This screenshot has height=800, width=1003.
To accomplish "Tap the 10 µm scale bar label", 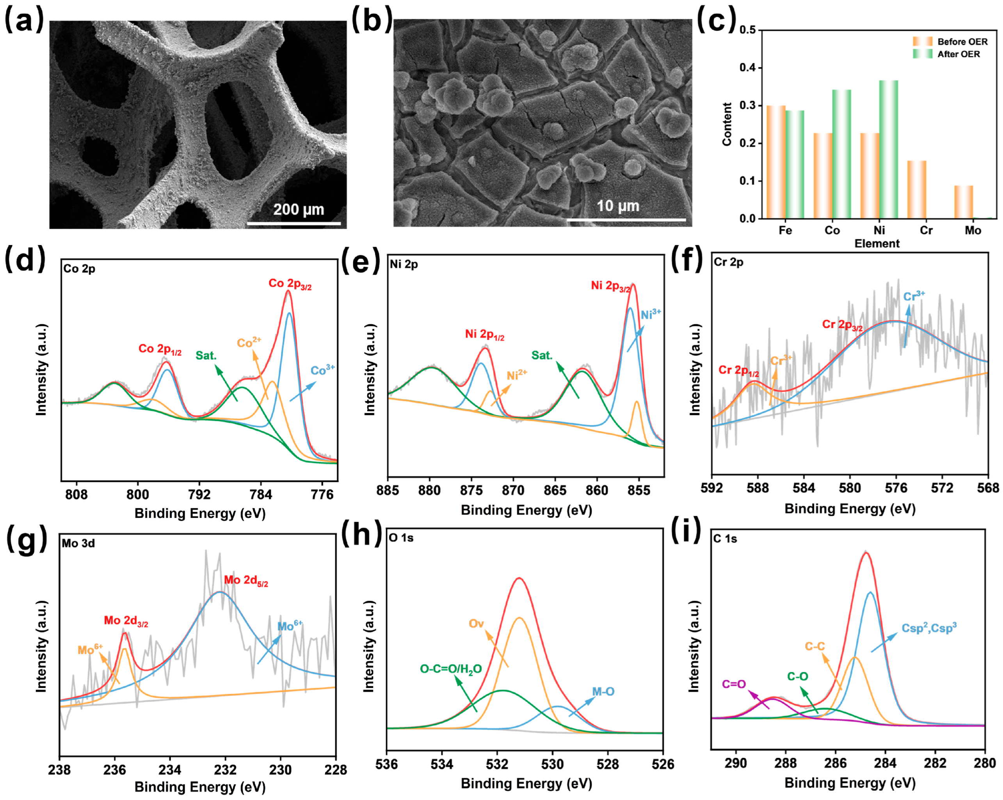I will click(618, 206).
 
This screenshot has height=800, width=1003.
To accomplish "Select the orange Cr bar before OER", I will click(916, 189).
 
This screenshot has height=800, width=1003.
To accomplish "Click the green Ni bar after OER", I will click(888, 149).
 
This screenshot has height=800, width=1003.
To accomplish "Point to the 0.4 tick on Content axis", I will click(748, 68).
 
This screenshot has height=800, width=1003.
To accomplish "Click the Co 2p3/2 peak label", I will click(290, 284).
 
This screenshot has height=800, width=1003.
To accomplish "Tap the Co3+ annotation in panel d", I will click(322, 370).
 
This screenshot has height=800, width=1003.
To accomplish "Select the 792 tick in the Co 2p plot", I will click(199, 494).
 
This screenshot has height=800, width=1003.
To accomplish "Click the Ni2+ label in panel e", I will click(517, 375).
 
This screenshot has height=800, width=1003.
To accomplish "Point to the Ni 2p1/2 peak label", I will click(484, 334).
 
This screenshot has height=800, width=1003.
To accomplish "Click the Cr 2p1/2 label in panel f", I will click(738, 370).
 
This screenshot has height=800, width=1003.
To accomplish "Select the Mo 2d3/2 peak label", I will click(126, 620).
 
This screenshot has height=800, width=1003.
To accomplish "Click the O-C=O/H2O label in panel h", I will click(450, 669).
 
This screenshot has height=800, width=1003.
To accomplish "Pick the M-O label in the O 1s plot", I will click(603, 692).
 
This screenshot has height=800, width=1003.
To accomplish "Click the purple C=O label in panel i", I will click(734, 684).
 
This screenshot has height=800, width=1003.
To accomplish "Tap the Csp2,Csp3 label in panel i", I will click(928, 628).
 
